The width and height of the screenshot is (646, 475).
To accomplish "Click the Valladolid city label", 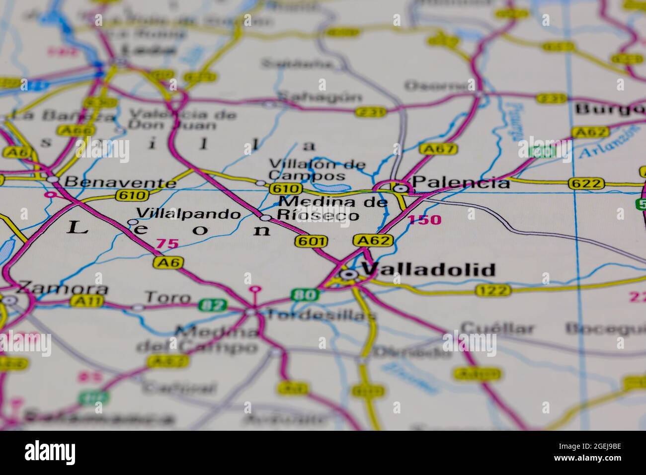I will coord(428,270).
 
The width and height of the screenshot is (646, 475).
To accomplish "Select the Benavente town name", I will coord(121,182).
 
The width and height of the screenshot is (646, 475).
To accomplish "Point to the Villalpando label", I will coord(188,214).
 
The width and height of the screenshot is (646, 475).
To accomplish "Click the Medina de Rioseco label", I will coord(332,209).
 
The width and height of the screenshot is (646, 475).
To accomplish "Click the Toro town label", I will coord(167,298).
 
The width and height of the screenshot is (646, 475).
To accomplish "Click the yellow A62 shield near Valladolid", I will coord(373,241).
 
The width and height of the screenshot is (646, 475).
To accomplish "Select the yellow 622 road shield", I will coord(587,184).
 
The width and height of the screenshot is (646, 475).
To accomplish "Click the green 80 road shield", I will coord(305,295).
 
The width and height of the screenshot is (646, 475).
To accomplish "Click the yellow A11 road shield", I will coord(87,301).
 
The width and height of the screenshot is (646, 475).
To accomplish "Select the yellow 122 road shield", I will coord(492,291).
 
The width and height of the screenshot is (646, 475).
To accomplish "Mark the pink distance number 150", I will coord(425,220).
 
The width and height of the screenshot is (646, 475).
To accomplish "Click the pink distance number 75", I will coord(167,243).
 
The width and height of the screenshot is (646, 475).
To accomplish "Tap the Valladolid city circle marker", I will coord(349,274).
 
